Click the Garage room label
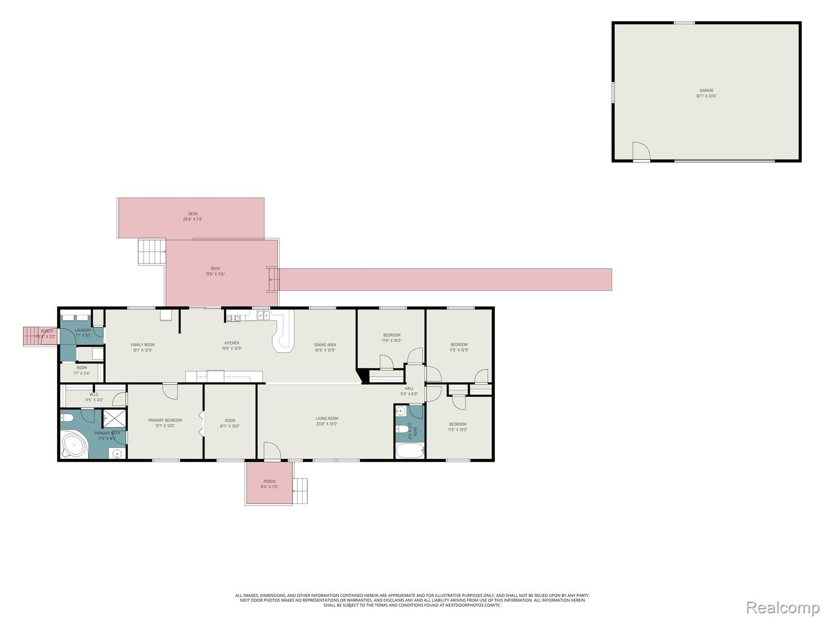[x=706, y=93]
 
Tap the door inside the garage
[x=641, y=151]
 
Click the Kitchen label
[x=232, y=346]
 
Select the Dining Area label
[x=325, y=347]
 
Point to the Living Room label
[x=327, y=421]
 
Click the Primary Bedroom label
[x=165, y=423]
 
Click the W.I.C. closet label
[x=94, y=397]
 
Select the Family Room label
[x=142, y=347]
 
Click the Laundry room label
[x=83, y=333]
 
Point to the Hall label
[x=409, y=391]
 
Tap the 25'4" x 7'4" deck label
[x=193, y=217]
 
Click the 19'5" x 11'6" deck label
[x=216, y=271]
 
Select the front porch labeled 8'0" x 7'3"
[x=269, y=484]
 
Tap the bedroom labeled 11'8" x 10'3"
[x=391, y=338]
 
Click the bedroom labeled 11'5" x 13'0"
[x=457, y=427]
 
